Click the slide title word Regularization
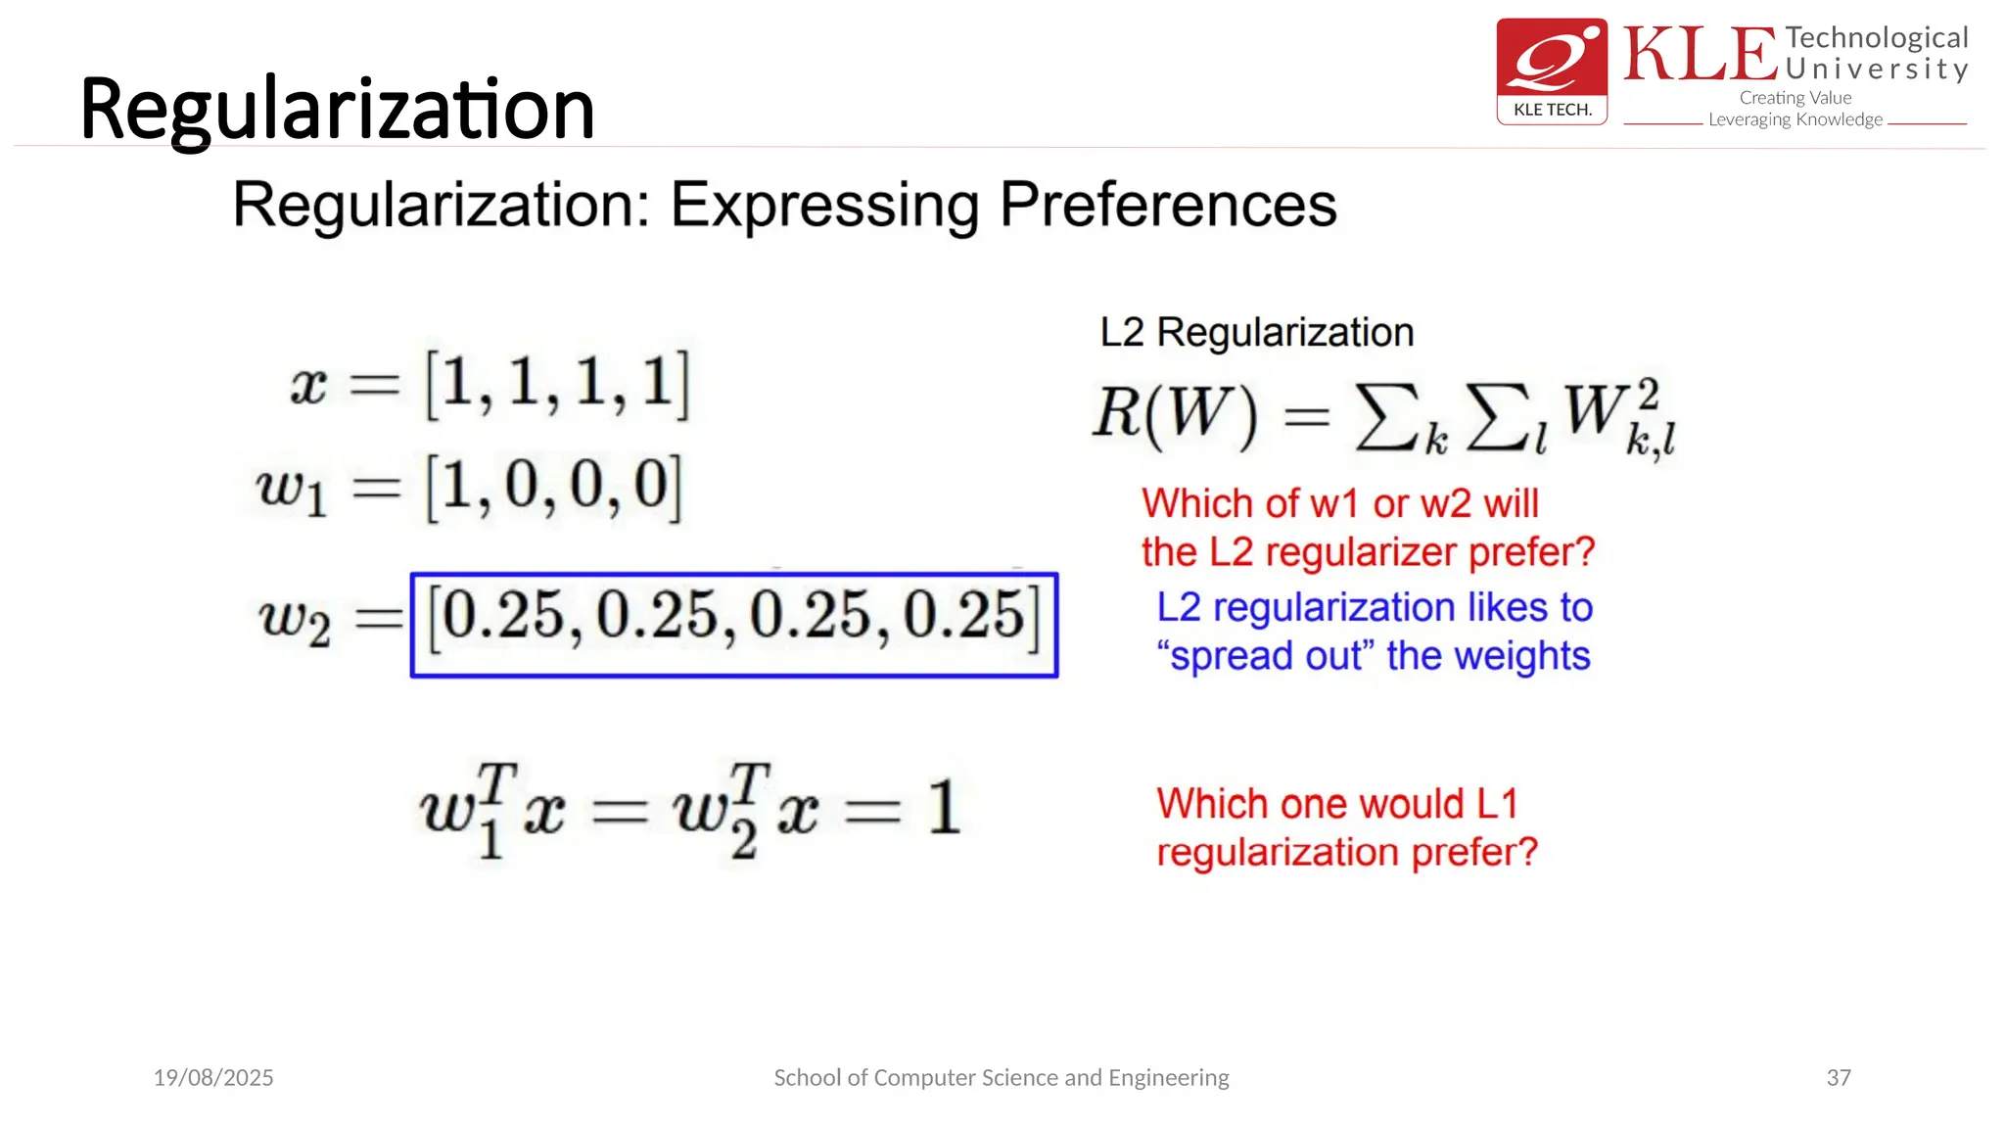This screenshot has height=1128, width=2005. pyautogui.click(x=337, y=110)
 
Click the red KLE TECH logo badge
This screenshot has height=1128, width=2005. pyautogui.click(x=1552, y=70)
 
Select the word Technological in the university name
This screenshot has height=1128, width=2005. pyautogui.click(x=1876, y=38)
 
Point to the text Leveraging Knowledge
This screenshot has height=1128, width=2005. pyautogui.click(x=1795, y=119)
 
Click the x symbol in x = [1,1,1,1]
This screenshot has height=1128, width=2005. pyautogui.click(x=307, y=385)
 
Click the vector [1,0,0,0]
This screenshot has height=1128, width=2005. pyautogui.click(x=553, y=487)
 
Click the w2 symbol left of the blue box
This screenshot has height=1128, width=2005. pyautogui.click(x=294, y=621)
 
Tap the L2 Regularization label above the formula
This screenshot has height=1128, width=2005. pyautogui.click(x=1256, y=333)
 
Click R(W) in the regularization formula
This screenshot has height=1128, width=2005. pyautogui.click(x=1174, y=415)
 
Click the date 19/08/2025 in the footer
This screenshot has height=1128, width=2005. pyautogui.click(x=213, y=1078)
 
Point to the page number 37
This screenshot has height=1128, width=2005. pyautogui.click(x=1838, y=1078)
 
